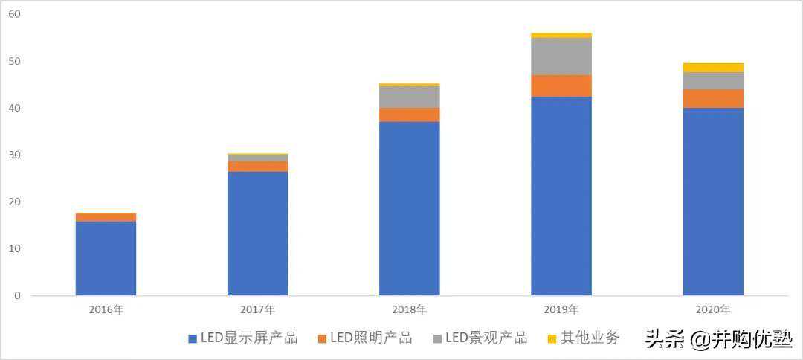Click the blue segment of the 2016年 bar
[x=106, y=258]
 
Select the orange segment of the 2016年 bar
[x=106, y=217]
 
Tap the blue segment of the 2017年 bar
[x=257, y=233]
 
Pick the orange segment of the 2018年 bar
[x=409, y=115]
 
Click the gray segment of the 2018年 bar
[x=409, y=97]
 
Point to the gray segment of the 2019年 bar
[x=561, y=57]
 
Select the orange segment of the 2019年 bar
[x=561, y=86]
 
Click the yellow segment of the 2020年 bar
[x=712, y=68]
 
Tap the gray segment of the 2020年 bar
[x=712, y=80]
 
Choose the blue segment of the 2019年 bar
[x=561, y=196]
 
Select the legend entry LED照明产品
[x=365, y=338]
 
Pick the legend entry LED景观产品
[x=480, y=338]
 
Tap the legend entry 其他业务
[x=583, y=338]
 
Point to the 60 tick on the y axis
[x=13, y=14]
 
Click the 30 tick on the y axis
[x=13, y=155]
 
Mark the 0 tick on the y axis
[x=16, y=295]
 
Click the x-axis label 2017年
[x=257, y=309]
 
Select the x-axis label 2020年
[x=712, y=309]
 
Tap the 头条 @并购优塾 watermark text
[x=717, y=340]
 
